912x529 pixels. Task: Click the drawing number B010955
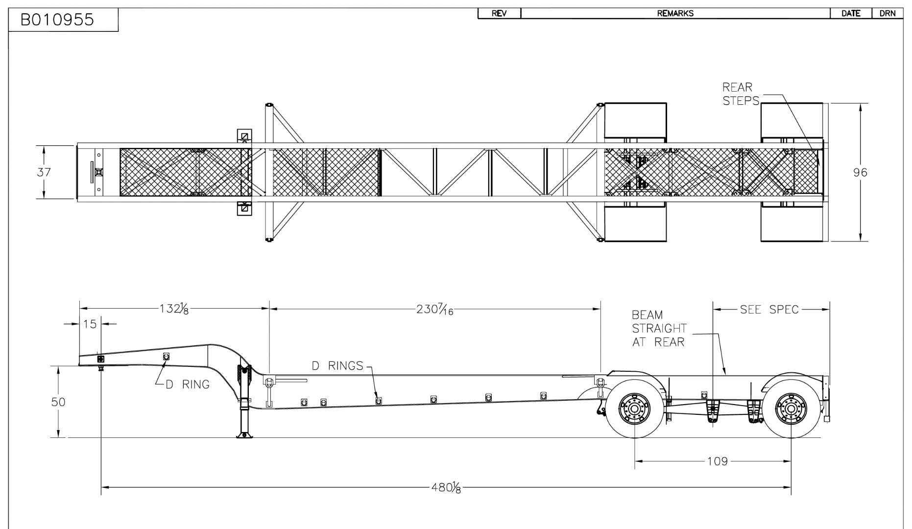[x=58, y=21]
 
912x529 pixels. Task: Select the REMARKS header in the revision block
[x=675, y=14]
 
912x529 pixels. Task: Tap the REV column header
[x=499, y=14]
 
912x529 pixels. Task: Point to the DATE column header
[x=851, y=14]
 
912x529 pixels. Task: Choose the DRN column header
[x=888, y=14]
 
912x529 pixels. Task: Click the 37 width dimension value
[x=44, y=172]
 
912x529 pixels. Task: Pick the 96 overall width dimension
[x=860, y=172]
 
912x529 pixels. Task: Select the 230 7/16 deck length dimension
[x=434, y=310]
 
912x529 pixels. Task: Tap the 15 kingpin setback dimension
[x=90, y=324]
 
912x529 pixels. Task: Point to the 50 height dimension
[x=58, y=402]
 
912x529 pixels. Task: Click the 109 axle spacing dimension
[x=717, y=461]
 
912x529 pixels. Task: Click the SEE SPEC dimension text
[x=769, y=310]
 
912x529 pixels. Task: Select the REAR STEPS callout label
[x=740, y=94]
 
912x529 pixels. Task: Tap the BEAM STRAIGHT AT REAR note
[x=659, y=328]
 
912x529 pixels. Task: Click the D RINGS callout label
[x=337, y=366]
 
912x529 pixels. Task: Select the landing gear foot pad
[x=243, y=434]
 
